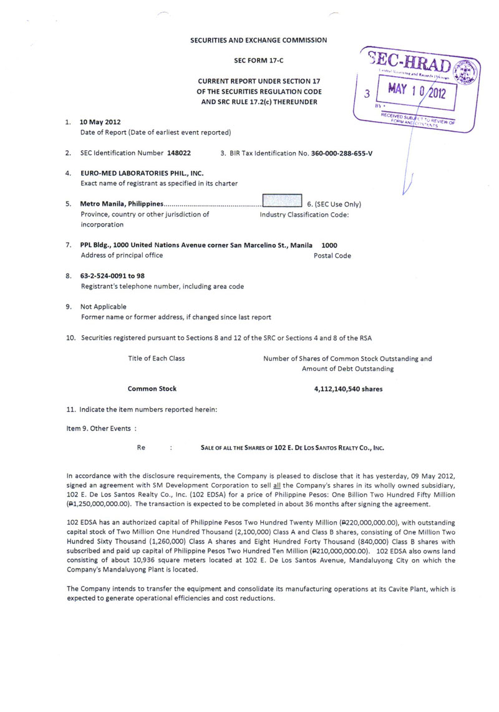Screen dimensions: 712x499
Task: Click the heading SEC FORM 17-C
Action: coord(258,61)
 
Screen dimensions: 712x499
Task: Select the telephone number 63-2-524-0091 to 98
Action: coord(113,275)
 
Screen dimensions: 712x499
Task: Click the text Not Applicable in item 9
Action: coord(104,306)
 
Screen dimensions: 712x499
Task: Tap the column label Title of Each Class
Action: coord(156,358)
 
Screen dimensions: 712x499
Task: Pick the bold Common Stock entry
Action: coord(152,389)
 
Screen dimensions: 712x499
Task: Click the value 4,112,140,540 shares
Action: coord(348,389)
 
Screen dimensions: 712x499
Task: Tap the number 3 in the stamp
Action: coord(367,94)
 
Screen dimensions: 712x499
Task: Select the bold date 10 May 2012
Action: coord(100,122)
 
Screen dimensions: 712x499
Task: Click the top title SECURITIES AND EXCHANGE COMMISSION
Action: coord(258,40)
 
